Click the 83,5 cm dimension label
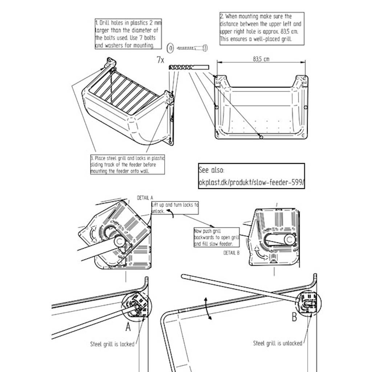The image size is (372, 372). point(261,59)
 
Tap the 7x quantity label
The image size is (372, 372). point(160,60)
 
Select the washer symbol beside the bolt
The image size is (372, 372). point(170,48)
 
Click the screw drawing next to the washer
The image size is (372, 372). point(192,48)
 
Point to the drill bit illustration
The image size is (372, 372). point(189,68)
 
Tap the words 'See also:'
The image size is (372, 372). point(212,170)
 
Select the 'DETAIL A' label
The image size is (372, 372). point(145,198)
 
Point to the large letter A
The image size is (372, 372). point(128,327)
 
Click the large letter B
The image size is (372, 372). point(294,317)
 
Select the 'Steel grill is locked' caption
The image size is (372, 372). point(112,344)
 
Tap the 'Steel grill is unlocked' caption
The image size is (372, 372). point(278,343)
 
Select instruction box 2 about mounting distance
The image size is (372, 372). point(262,28)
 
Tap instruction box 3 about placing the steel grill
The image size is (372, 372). point(127,165)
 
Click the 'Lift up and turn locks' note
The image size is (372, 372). point(175,208)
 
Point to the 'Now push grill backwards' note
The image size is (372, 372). point(217,237)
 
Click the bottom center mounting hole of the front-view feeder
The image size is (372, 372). point(261,136)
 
